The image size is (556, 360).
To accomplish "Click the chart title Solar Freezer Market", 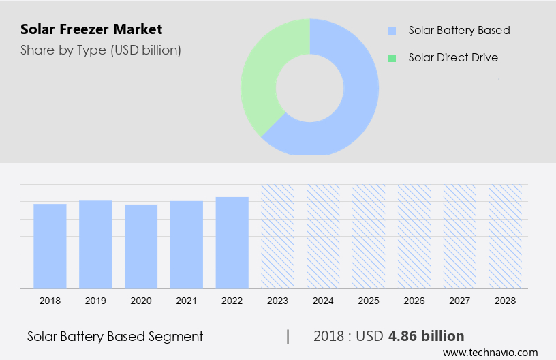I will (91, 29).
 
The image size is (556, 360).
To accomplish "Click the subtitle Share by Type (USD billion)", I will (100, 50).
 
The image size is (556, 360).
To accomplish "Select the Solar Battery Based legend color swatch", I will (392, 31).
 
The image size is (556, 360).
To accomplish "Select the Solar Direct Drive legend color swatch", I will (392, 58).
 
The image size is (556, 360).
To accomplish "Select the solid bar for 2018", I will (50, 245).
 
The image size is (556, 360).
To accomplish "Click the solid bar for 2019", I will (95, 244).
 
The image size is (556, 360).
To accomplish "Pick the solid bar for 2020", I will (141, 246).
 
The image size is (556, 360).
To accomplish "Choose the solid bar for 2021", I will (187, 244).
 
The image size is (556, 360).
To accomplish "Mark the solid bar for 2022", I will (232, 242).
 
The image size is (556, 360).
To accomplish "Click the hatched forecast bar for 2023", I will (278, 236).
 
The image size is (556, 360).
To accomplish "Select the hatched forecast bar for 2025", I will (369, 236).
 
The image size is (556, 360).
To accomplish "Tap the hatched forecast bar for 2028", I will (506, 236).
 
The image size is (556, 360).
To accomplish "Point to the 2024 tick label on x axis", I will (323, 300).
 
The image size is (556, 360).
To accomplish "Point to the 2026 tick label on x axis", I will (414, 300).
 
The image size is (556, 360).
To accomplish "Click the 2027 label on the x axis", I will (460, 300).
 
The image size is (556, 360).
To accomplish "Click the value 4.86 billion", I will (426, 336).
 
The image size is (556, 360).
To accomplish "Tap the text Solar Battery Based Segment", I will (115, 336).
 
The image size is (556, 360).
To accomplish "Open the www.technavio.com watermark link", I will (490, 352).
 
